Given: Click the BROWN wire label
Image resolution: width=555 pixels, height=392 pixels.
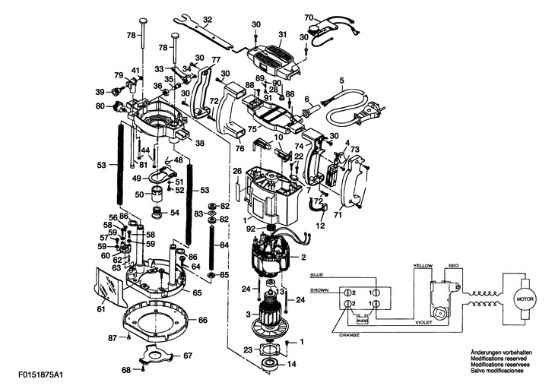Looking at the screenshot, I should [320, 291].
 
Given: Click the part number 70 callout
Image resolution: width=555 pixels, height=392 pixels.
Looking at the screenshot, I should [309, 17].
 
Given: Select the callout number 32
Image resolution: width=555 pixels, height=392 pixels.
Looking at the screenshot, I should [208, 18].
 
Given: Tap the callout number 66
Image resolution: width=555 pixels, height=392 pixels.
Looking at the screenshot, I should [203, 320].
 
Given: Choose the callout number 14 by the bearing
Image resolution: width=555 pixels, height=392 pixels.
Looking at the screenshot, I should [292, 364].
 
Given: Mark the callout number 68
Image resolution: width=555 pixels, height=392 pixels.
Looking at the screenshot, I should [126, 370].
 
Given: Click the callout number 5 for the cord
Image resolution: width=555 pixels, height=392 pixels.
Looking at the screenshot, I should [341, 80].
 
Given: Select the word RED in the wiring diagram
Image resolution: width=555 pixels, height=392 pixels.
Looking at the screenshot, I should [453, 266].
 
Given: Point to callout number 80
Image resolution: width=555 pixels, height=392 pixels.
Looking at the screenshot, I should [100, 106].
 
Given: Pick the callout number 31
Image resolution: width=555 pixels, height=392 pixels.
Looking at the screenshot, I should [282, 35].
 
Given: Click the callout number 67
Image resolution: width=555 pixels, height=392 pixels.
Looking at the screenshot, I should [187, 355].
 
